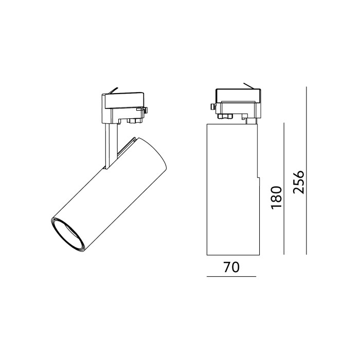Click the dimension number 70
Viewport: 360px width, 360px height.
point(231,267)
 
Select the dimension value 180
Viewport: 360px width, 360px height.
point(276,197)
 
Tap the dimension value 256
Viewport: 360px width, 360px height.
point(298,182)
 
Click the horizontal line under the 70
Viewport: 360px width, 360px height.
point(231,277)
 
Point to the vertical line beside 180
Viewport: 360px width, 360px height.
point(284,189)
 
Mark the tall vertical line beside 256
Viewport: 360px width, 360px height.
point(307,171)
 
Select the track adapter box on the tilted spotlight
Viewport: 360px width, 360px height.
point(123,107)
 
